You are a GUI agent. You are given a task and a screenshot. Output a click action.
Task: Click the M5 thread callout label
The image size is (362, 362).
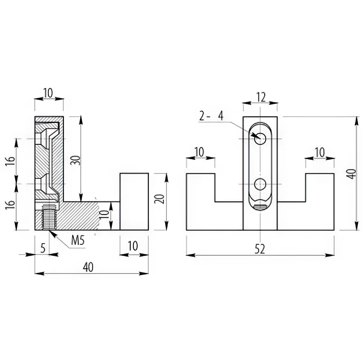[78, 241]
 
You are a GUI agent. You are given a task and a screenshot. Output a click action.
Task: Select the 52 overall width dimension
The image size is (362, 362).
[260, 249]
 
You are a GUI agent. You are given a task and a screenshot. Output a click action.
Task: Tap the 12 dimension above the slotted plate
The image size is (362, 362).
[261, 97]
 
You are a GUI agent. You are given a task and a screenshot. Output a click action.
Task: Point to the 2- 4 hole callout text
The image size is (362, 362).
[211, 116]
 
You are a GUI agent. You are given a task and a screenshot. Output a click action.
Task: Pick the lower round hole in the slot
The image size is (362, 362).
[260, 184]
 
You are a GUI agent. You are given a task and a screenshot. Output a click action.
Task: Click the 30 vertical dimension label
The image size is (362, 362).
[76, 160]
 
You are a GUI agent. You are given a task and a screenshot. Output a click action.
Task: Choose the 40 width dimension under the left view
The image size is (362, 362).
[88, 267]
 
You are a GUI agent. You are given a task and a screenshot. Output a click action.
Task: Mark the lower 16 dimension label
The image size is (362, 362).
[11, 204]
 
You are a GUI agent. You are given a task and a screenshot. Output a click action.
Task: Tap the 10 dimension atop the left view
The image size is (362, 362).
[48, 93]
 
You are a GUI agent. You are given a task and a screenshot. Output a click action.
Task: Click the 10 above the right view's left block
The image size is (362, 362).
[199, 152]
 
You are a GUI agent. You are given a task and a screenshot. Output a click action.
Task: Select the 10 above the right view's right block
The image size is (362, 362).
[320, 152]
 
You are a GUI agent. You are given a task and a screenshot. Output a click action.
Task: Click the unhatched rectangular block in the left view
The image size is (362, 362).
[134, 201]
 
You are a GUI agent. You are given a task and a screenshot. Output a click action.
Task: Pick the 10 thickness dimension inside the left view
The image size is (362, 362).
[105, 214]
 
